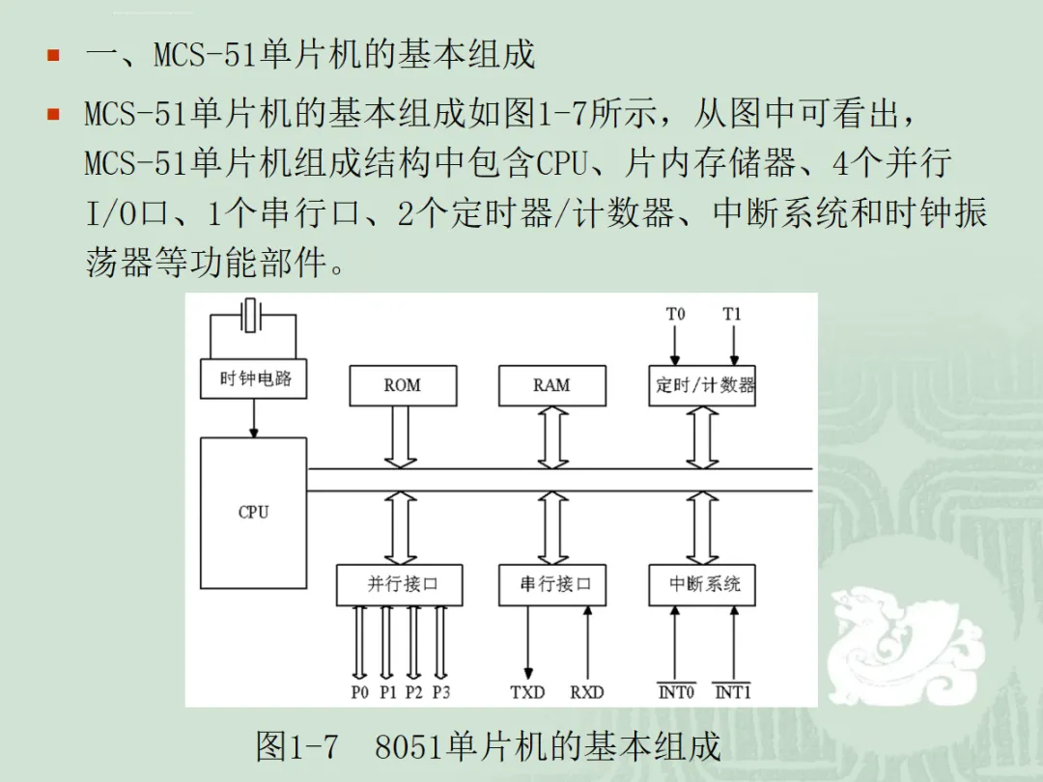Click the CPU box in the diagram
click(x=253, y=513)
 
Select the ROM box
click(x=403, y=385)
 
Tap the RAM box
click(x=552, y=385)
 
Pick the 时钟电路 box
click(x=253, y=379)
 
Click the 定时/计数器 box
click(x=702, y=385)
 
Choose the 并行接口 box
click(x=399, y=585)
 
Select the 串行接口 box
click(x=552, y=585)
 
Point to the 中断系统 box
click(x=702, y=585)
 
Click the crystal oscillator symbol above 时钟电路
click(x=250, y=315)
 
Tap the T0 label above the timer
click(x=675, y=314)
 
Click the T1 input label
click(x=732, y=314)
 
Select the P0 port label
click(x=360, y=692)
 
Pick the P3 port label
click(x=441, y=692)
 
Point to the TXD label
click(x=527, y=692)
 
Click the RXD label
click(x=587, y=692)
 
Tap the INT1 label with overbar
click(x=732, y=691)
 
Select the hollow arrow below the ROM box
click(x=401, y=437)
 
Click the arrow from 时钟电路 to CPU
click(x=253, y=418)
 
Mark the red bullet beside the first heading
click(x=54, y=54)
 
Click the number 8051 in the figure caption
click(x=409, y=746)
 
